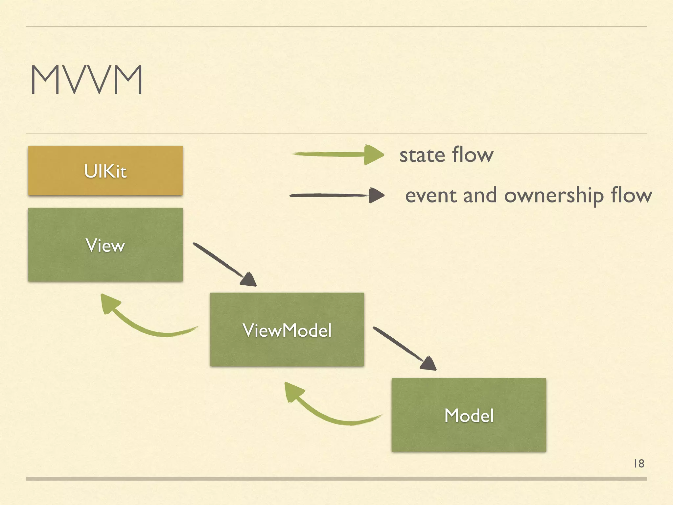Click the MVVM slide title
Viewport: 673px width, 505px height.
87,80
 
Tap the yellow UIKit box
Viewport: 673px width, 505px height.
105,171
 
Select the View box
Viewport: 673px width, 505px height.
105,245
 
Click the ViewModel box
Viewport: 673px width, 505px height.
287,329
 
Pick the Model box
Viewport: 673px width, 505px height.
469,415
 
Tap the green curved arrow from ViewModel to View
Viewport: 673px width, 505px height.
145,329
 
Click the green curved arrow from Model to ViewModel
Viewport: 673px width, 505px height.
329,416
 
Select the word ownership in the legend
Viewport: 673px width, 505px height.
554,196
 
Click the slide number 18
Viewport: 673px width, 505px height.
639,464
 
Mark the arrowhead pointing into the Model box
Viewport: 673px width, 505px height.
429,364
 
